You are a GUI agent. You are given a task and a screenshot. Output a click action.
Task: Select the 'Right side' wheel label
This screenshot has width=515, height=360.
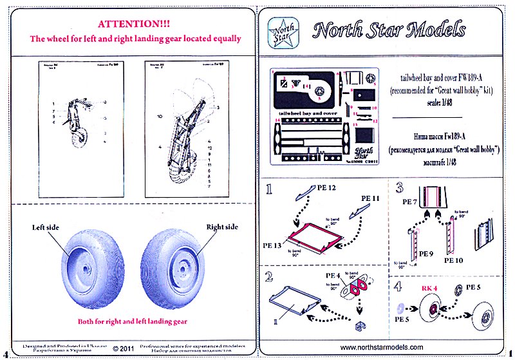221,227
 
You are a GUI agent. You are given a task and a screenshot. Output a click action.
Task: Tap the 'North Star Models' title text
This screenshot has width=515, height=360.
388,30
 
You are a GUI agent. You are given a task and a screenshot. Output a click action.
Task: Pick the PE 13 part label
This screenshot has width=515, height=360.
272,246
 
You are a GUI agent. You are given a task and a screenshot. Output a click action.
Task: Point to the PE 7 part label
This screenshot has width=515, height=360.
409,202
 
